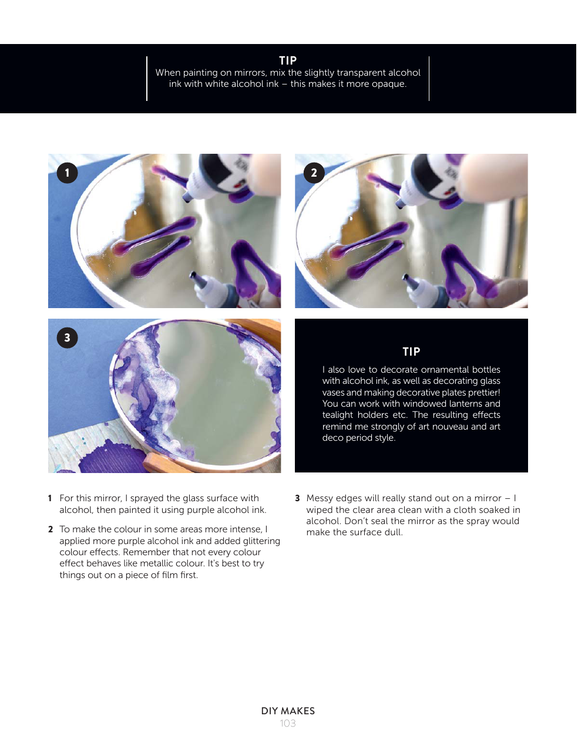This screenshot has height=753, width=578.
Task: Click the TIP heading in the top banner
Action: click(x=288, y=60)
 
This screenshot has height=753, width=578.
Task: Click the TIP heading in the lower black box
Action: click(x=411, y=352)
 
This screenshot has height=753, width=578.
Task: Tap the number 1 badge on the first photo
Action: click(x=68, y=173)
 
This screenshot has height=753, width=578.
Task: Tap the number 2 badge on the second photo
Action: click(x=314, y=173)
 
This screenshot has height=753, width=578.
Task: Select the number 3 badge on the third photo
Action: click(x=68, y=337)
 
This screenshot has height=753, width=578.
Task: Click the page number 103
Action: click(x=288, y=723)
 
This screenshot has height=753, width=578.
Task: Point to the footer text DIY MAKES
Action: click(x=288, y=711)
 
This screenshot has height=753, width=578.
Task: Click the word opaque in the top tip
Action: click(x=389, y=84)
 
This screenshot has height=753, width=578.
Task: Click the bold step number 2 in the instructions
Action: click(x=51, y=529)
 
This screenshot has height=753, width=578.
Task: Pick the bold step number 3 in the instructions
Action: click(x=297, y=498)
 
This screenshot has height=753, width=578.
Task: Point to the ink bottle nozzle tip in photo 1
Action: click(x=186, y=198)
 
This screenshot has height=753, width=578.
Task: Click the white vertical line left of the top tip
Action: click(x=147, y=79)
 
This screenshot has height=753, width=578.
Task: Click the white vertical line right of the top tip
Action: click(x=429, y=79)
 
